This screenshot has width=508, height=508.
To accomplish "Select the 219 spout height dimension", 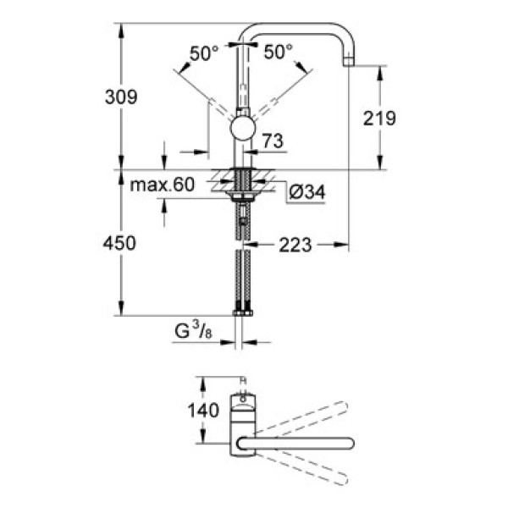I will (378, 119).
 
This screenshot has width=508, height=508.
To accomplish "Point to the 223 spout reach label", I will (295, 246).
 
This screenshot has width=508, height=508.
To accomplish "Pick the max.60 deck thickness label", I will (163, 185).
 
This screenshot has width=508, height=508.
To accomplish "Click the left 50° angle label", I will (204, 52).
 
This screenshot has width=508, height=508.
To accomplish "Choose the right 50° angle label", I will (279, 52).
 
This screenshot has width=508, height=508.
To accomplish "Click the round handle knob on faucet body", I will (243, 130).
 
